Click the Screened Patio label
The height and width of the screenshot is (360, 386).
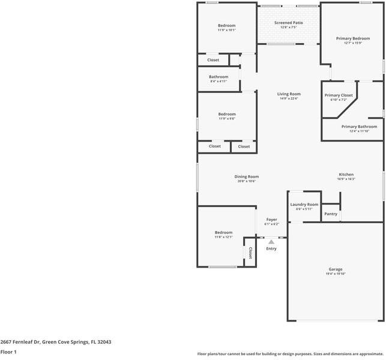[288, 23]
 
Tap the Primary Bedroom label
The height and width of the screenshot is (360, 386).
[352, 38]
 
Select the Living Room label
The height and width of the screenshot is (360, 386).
[288, 94]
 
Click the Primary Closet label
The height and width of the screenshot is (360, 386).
[339, 95]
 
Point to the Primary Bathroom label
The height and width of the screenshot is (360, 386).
[359, 127]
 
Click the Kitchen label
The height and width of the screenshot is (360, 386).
[346, 175]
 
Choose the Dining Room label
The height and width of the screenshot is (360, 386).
[246, 176]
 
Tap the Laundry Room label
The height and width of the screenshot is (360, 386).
[304, 205]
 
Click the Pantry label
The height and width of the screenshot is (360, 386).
[331, 214]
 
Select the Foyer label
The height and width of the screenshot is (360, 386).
[271, 220]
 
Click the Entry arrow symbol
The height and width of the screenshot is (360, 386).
[271, 242]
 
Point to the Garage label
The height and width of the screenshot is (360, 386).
[335, 269]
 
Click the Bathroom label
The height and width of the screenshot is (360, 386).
[219, 77]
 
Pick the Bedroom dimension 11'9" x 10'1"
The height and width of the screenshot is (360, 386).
[226, 30]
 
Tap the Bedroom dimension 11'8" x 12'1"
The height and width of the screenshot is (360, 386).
[223, 237]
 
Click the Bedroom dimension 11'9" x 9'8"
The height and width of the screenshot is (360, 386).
[226, 119]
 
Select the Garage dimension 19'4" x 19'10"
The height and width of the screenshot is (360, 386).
[335, 274]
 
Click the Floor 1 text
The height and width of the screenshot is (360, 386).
[8, 352]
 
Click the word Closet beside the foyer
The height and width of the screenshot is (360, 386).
[250, 253]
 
